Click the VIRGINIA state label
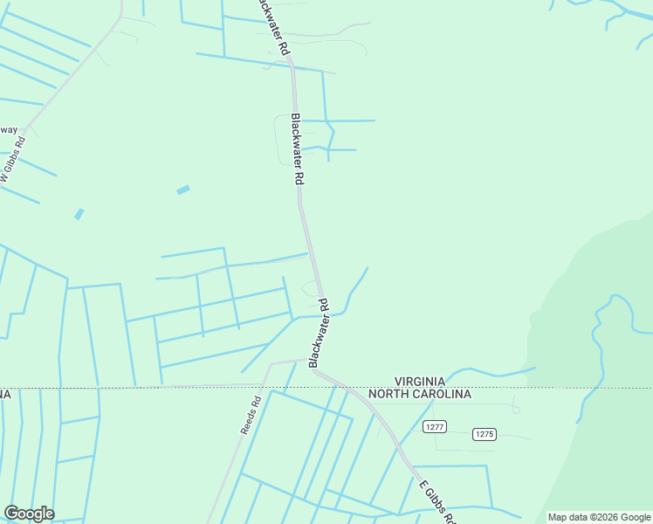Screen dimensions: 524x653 [420, 381]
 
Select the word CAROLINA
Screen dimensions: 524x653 [443, 394]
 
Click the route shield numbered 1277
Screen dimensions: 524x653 [435, 426]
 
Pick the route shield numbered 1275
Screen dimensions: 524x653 [485, 434]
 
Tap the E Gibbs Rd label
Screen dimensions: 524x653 [436, 501]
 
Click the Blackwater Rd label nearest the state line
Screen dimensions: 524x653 [320, 331]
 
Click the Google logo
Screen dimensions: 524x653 [29, 514]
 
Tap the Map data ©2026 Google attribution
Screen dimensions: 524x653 [599, 517]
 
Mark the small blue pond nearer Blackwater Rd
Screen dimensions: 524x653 [183, 190]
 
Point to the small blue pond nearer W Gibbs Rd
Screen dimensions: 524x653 [79, 214]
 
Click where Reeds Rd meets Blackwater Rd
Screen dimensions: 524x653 [307, 359]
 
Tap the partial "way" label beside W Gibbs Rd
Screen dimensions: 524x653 [8, 130]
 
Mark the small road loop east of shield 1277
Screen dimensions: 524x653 [516, 408]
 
